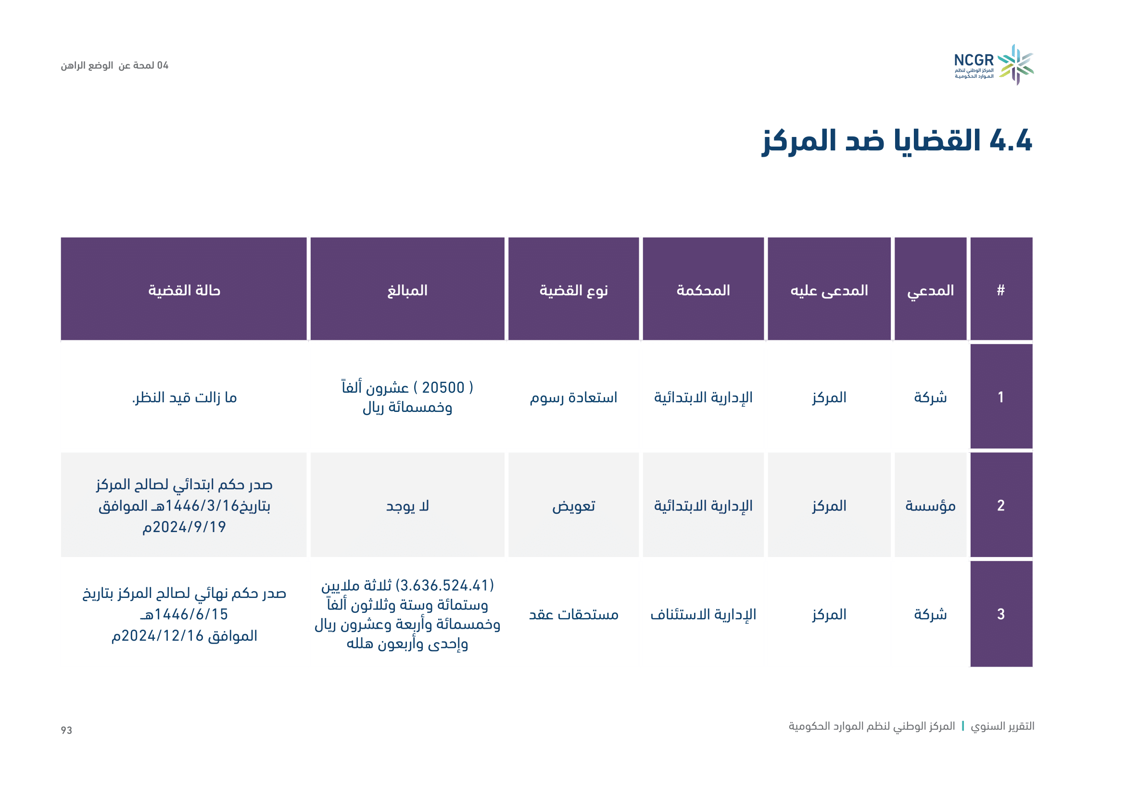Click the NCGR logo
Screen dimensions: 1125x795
[x=993, y=65]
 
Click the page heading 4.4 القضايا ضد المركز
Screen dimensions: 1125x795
[x=897, y=141]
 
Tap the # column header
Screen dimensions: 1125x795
[x=1001, y=289]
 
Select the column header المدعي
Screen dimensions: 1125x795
[x=930, y=289]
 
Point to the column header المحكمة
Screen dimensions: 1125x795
[x=703, y=289]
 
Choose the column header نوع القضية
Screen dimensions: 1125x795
[x=573, y=289]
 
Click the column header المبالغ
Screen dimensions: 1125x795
[x=407, y=289]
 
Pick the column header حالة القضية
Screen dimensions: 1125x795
[x=184, y=289]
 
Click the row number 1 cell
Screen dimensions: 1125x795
[x=1001, y=396]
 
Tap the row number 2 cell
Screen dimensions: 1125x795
[x=1001, y=505]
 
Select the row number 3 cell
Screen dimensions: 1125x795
[x=1001, y=614]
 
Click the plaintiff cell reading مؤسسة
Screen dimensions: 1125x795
[x=930, y=505]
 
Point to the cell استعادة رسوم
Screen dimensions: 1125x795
[x=573, y=397]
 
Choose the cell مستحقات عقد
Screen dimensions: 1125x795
[x=573, y=614]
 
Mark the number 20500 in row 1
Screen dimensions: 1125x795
[x=443, y=387]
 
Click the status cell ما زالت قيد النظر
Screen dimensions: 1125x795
[x=184, y=397]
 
